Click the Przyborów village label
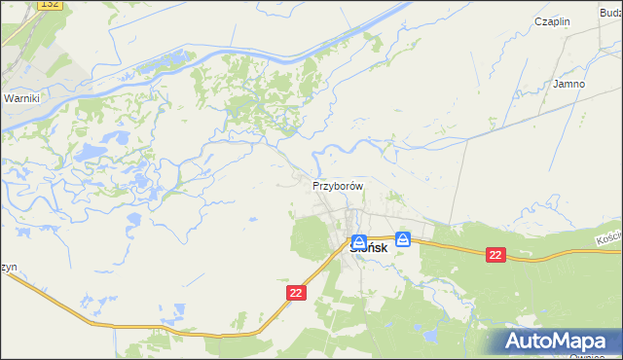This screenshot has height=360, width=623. coord(338,185)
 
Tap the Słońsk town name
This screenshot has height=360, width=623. coord(368,249)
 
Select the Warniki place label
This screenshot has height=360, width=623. coord(20,99)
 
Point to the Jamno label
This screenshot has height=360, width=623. coord(568,84)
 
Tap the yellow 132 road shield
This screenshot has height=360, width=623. coord(52,6)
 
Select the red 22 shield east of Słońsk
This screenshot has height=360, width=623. coord(496,255)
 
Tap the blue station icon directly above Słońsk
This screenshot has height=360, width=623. coord(359,241)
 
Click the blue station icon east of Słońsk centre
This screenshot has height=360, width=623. coord(403,238)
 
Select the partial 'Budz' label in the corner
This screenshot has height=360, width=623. coord(611,11)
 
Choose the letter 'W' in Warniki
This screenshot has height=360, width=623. coord(8,99)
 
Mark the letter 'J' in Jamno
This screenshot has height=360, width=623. coord(555,84)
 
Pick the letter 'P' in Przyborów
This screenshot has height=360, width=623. coord(315,185)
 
